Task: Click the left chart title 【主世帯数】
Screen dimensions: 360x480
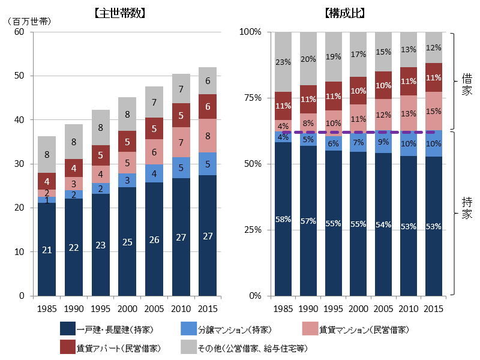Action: pos(121,13)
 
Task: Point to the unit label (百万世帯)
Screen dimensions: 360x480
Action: pos(29,21)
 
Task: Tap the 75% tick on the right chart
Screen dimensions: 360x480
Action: pos(251,98)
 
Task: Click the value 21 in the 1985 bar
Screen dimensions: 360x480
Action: pos(47,250)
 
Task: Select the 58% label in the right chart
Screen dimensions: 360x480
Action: pos(283,220)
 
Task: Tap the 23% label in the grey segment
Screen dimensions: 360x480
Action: pos(283,62)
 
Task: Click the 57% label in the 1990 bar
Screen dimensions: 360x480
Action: pos(308,221)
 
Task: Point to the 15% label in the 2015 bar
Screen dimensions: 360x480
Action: pos(433,111)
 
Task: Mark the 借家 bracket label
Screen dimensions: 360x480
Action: pos(467,84)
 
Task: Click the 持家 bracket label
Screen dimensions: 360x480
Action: pos(467,208)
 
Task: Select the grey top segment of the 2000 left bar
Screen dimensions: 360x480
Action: pos(127,114)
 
